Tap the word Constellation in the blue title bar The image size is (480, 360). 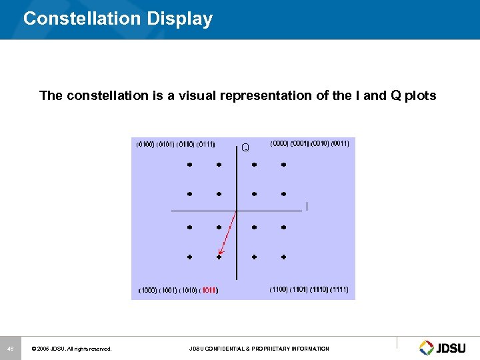79,19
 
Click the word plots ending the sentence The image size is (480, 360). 420,95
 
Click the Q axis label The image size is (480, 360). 245,147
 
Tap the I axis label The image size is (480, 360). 307,207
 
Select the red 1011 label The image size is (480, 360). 209,290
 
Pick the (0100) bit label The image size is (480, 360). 145,143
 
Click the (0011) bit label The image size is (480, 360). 340,143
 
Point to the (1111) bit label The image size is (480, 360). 339,289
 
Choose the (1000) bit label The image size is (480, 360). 147,290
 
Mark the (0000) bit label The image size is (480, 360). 279,143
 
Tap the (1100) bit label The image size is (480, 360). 279,289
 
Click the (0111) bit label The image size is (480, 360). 206,143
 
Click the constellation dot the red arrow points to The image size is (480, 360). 219,256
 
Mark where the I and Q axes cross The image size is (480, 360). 237,211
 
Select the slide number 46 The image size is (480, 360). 10,349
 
